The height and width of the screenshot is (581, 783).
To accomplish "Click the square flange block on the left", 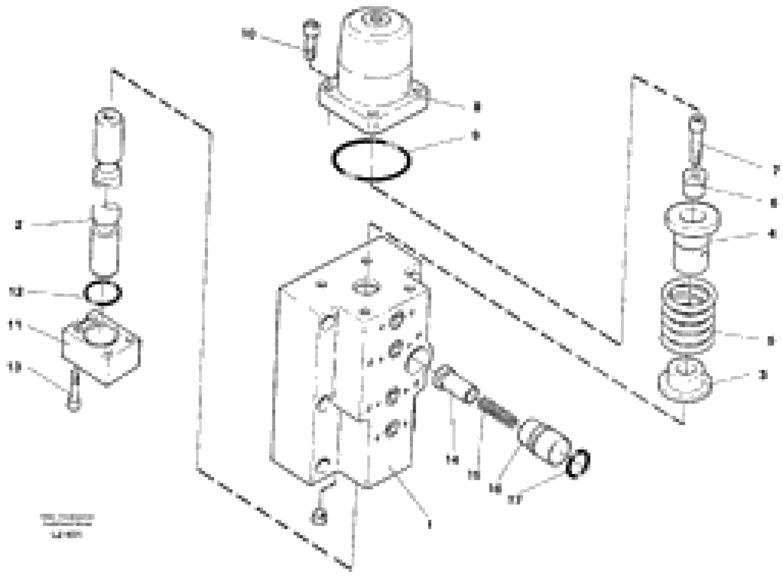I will pyautogui.click(x=101, y=348).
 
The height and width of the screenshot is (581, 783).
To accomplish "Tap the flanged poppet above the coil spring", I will pyautogui.click(x=691, y=236).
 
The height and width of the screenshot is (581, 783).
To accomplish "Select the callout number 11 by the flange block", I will pyautogui.click(x=15, y=325).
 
